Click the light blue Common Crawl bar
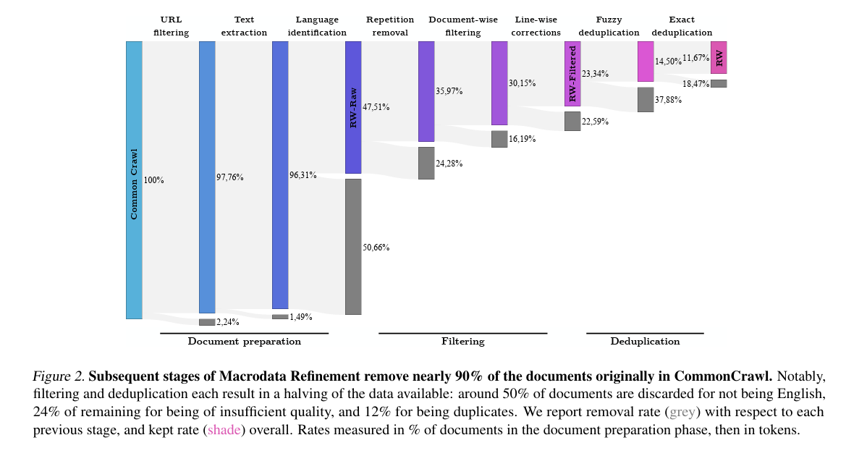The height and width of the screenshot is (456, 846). coord(134,180)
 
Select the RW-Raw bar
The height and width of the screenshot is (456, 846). coord(353,107)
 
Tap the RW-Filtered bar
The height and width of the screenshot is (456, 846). coord(572,74)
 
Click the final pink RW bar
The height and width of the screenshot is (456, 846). coord(719,57)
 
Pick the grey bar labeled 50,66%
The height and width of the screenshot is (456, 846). coord(353,247)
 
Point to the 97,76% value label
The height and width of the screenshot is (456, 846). coord(230,177)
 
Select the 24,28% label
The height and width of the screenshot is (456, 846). coord(449,164)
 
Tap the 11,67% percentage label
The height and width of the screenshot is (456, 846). coord(695,58)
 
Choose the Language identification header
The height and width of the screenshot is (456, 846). coord(317,26)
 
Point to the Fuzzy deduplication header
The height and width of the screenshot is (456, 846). coord(609,26)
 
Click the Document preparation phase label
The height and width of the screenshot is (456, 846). coord(244,341)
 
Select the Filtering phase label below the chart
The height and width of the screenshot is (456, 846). coord(463,341)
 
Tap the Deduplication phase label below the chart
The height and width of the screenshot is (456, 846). coord(645,341)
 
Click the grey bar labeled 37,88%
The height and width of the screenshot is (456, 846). coord(646,100)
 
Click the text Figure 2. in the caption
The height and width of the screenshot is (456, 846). coord(59,376)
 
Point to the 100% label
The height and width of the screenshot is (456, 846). coord(154,180)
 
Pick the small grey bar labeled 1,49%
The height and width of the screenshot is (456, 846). coord(280,316)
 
